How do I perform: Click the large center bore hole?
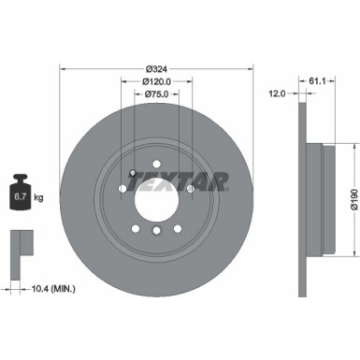click(157, 196)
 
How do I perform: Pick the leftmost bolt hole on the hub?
click(122, 190)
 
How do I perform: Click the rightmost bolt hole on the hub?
click(192, 190)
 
